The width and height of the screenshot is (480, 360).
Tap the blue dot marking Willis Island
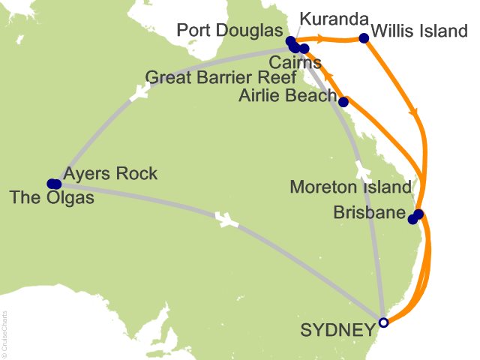click(x=364, y=38)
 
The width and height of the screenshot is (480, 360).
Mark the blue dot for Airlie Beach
click(x=343, y=102)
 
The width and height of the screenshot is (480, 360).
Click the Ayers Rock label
click(x=111, y=174)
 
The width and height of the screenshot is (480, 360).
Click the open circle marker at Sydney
click(x=383, y=322)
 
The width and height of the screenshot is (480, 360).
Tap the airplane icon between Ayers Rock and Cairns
click(x=137, y=93)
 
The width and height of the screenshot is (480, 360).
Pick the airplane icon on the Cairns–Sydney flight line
click(x=361, y=166)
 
